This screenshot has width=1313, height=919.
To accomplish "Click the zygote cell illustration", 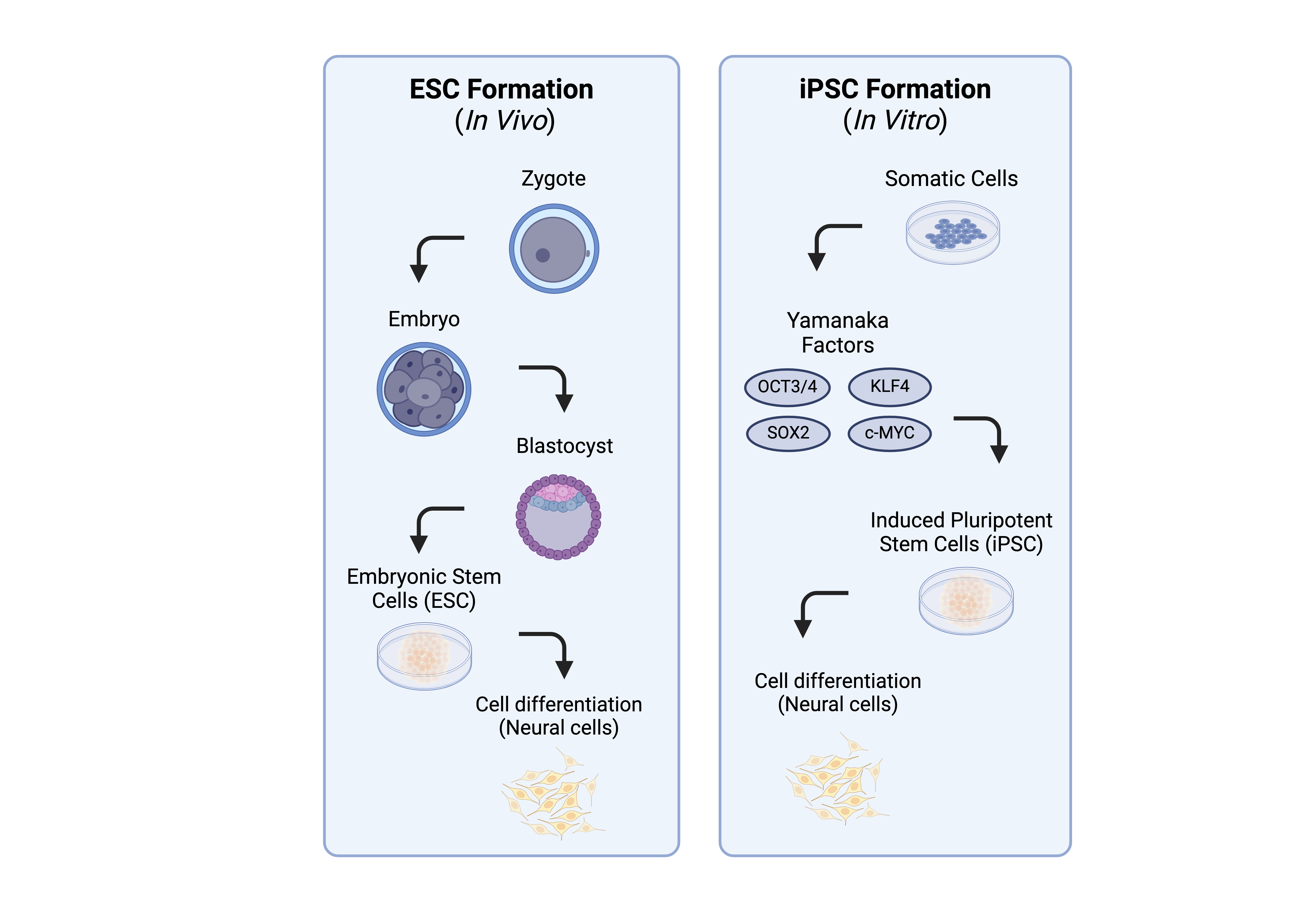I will click(554, 249).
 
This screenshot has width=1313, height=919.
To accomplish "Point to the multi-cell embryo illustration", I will click(424, 389).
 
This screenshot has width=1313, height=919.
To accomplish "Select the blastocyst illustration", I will click(558, 516).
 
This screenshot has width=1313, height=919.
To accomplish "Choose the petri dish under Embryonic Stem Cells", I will click(424, 656).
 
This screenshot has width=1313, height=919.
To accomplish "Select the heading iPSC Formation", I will click(895, 90).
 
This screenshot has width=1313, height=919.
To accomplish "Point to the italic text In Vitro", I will click(895, 121).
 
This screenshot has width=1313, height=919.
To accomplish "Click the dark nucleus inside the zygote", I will click(543, 255).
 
